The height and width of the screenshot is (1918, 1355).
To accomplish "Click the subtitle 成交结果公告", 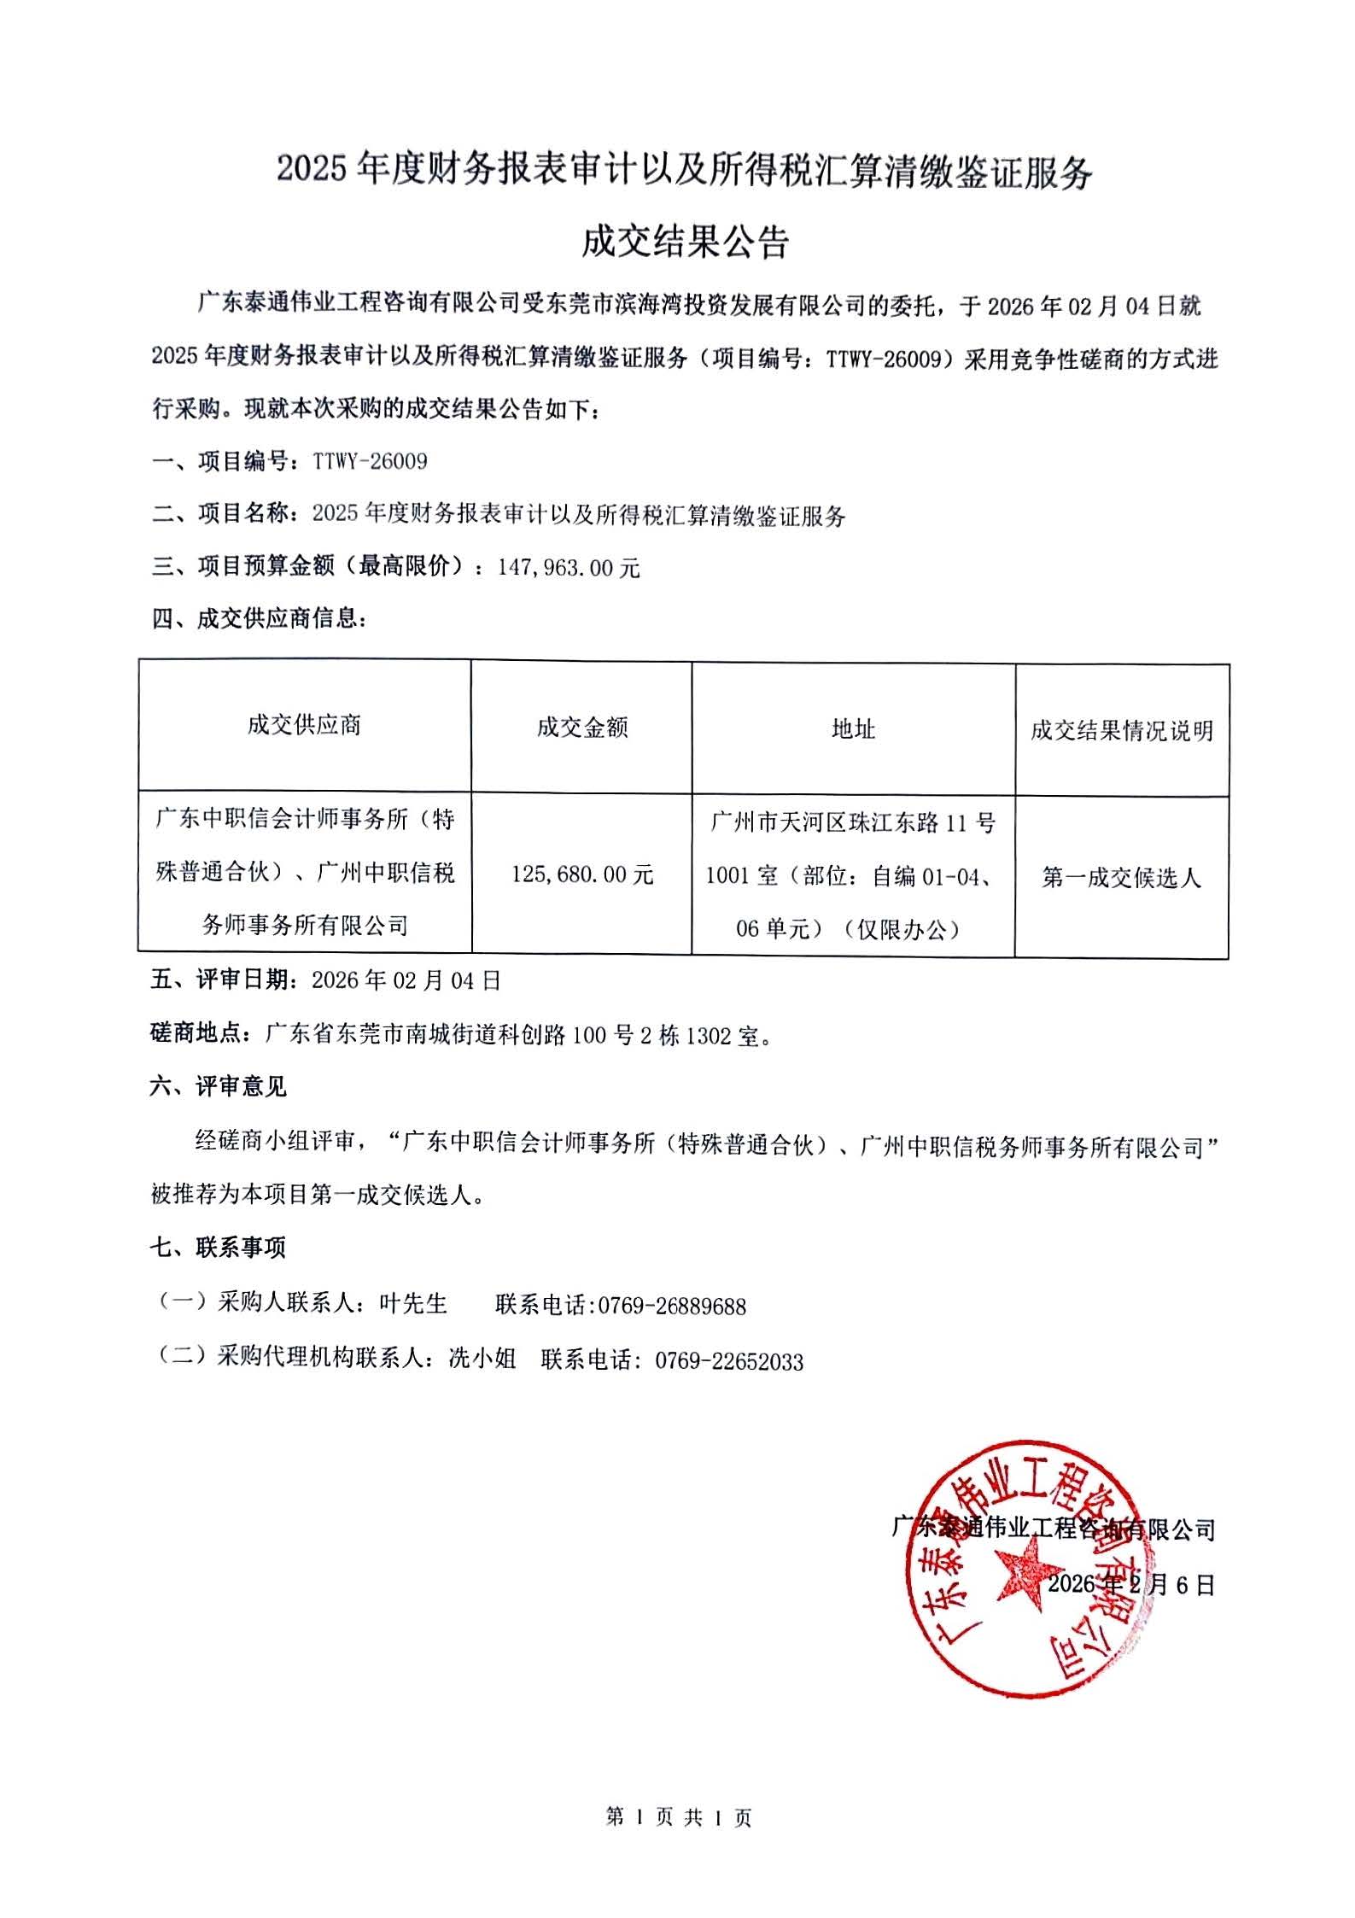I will (x=685, y=243).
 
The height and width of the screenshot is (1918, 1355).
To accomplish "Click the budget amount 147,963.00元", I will (x=569, y=568).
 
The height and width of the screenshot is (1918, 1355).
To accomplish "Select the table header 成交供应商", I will (x=305, y=725).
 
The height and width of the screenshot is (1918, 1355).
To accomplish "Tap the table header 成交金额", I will (x=582, y=728).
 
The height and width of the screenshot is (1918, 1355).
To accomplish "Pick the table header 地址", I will (x=853, y=728).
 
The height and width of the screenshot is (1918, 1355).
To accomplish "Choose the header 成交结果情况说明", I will (x=1121, y=730).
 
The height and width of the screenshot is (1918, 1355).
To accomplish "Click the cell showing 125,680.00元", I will (x=582, y=874).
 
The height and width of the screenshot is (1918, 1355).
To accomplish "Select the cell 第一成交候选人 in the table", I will (x=1121, y=877).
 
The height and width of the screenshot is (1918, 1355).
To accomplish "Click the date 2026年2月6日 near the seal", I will (x=1130, y=1584).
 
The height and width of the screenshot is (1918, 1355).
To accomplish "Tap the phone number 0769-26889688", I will (x=672, y=1306).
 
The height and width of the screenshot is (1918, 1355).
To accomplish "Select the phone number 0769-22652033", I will (x=729, y=1361).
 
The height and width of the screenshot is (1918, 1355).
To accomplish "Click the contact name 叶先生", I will (x=413, y=1304).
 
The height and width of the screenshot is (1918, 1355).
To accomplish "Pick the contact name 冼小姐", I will (x=482, y=1359).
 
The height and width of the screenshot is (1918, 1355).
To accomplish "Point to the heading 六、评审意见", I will (x=219, y=1087).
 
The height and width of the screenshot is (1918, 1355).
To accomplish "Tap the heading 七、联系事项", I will (x=219, y=1248).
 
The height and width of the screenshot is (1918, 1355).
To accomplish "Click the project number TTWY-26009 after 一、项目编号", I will (x=370, y=462).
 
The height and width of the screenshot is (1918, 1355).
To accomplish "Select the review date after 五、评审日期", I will (x=406, y=980).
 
